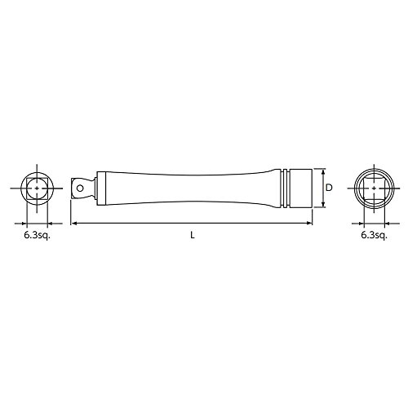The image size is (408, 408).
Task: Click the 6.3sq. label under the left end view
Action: pyautogui.click(x=38, y=236)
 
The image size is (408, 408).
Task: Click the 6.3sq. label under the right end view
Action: pyautogui.click(x=374, y=236)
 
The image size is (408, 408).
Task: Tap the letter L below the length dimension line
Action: pyautogui.click(x=193, y=235)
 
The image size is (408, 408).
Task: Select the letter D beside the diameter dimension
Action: pyautogui.click(x=329, y=188)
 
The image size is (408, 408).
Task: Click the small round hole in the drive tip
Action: pyautogui.click(x=80, y=188)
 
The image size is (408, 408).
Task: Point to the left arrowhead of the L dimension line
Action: pyautogui.click(x=73, y=224)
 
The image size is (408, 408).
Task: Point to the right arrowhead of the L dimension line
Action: pyautogui.click(x=309, y=224)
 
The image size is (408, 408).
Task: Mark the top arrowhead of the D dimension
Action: pyautogui.click(x=323, y=171)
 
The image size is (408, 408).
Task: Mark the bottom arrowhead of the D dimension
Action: pyautogui.click(x=323, y=204)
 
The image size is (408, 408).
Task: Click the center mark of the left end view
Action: pyautogui.click(x=37, y=188)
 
